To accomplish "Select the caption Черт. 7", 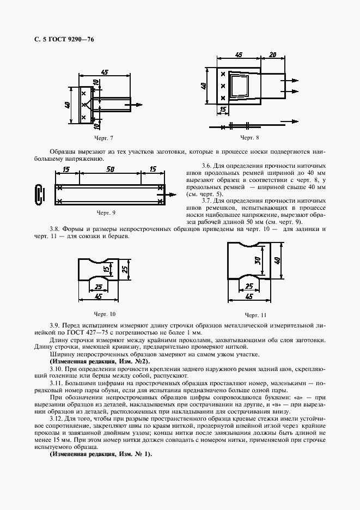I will coord(103,138).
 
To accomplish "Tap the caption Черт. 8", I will coord(249,138).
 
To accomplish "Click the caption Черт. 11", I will coord(255,315).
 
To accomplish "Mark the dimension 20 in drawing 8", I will coord(273,54).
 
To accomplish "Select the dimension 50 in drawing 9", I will coord(110,170).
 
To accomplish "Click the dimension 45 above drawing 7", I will coord(105,72).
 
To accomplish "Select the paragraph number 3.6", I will coord(205,165).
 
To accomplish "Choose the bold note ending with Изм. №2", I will coord(91,362).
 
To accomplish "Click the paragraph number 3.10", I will coord(57,369).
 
